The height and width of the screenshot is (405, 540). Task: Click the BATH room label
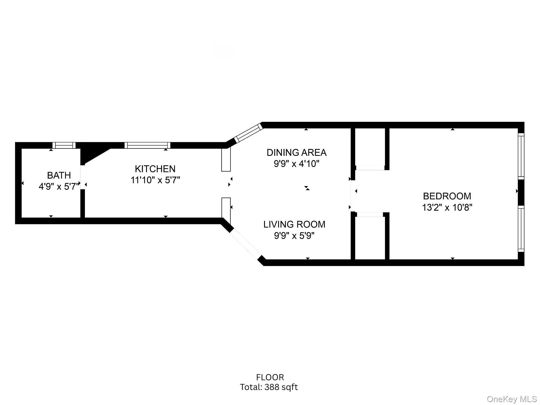(x=59, y=175)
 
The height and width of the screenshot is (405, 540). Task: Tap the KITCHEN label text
(x=155, y=169)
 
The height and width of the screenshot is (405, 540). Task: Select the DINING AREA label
(x=296, y=153)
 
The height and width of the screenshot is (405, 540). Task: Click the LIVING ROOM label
(x=294, y=224)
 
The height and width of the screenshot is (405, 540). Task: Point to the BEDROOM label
(x=447, y=196)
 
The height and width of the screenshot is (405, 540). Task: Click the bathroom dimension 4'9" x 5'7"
(x=59, y=187)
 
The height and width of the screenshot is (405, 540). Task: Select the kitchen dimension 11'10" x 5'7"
(x=155, y=180)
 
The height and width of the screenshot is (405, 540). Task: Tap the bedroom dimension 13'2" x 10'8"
(x=447, y=208)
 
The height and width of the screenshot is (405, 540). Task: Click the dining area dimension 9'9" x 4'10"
(x=296, y=164)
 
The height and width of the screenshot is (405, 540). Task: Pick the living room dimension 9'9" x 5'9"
(x=294, y=236)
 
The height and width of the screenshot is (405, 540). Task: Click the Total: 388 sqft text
(x=269, y=387)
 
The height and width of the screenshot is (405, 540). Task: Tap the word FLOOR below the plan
(x=270, y=377)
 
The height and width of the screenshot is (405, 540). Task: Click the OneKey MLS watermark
(x=512, y=399)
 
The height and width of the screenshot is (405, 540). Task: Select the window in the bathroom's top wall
(x=64, y=145)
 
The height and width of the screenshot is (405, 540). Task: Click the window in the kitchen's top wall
(x=147, y=145)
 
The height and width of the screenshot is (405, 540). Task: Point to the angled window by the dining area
(x=248, y=133)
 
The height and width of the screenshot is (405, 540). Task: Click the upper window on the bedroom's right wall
(x=521, y=156)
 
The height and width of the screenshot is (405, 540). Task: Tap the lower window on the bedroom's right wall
(x=521, y=229)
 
